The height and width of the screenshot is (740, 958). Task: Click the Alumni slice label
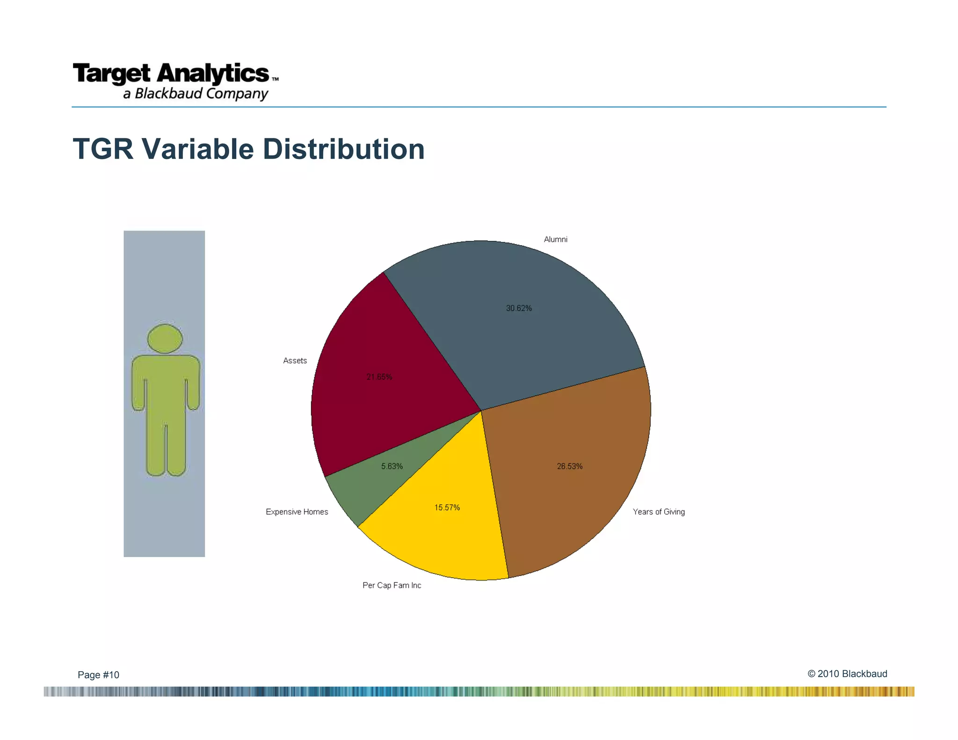555,239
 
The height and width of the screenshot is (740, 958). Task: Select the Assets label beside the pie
295,361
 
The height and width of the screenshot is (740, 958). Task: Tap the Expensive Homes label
297,512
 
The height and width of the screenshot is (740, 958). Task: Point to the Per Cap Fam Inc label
392,585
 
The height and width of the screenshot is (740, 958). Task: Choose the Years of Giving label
659,512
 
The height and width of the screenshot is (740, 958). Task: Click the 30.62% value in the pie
519,308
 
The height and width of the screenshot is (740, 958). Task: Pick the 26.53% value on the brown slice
570,466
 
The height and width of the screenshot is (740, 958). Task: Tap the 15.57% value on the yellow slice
447,508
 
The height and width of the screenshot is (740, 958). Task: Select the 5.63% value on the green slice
392,466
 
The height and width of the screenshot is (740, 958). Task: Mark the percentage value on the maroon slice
379,377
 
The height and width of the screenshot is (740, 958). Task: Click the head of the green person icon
165,338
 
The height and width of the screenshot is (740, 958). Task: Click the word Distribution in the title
343,149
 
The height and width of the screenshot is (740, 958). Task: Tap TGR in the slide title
103,149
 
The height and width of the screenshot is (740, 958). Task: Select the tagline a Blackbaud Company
196,94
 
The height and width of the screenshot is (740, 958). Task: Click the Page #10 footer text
98,675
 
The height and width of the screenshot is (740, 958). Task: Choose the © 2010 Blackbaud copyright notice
847,674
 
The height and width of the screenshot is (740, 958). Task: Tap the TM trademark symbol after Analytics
275,80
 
